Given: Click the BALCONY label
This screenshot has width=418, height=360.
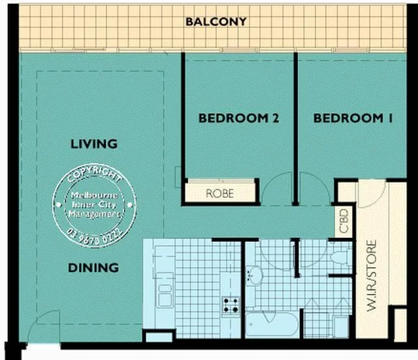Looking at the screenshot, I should tap(216, 21).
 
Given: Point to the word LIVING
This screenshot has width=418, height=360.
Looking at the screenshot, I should tap(93, 144).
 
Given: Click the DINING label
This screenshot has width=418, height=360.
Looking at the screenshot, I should tap(93, 267).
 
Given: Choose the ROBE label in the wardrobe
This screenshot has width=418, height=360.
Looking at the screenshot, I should tap(219, 193).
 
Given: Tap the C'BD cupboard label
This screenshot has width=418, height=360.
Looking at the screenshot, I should tap(343, 221).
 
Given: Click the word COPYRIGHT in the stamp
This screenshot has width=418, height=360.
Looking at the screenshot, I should tap(94, 176).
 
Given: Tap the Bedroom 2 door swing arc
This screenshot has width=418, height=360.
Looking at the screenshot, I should tap(278, 188).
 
